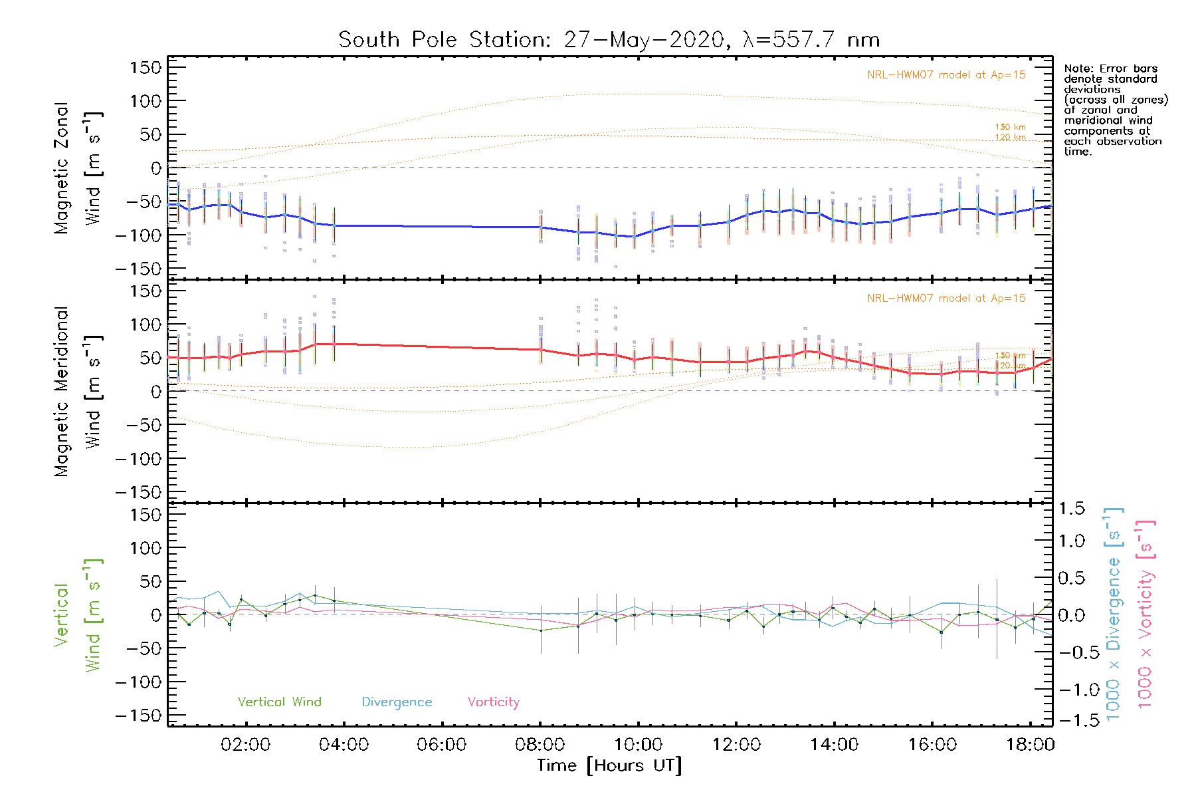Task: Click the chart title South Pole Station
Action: click(609, 40)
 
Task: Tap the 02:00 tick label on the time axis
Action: click(246, 745)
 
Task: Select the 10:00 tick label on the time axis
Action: click(638, 745)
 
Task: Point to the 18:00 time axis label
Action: click(1030, 745)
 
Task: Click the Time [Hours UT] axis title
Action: click(609, 765)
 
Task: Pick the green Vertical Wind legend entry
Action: click(279, 702)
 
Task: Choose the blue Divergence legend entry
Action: click(397, 702)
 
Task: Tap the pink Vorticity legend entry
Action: click(493, 702)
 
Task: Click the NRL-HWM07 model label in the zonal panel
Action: click(946, 75)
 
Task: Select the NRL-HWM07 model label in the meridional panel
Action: click(946, 299)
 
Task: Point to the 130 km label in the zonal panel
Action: click(1010, 127)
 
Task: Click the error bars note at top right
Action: click(1115, 110)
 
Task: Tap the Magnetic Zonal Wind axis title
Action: click(78, 168)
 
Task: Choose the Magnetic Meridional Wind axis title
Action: click(78, 392)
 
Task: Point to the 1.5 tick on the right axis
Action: click(1071, 509)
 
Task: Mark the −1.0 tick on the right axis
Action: click(1071, 690)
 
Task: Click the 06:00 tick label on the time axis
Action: click(442, 745)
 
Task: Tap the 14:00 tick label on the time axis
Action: click(834, 745)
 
